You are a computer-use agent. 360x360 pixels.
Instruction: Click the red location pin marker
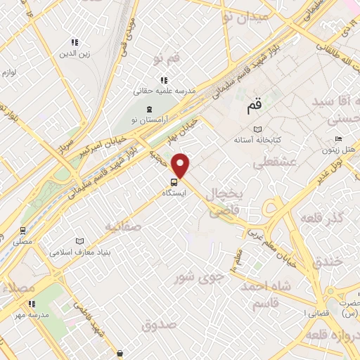click(x=181, y=166)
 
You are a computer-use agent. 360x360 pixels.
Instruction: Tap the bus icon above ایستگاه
click(x=174, y=181)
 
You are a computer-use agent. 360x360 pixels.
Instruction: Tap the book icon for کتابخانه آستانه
click(x=257, y=129)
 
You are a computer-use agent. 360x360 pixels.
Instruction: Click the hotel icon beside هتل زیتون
click(x=339, y=140)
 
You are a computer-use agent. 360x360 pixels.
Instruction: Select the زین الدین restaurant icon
click(x=75, y=43)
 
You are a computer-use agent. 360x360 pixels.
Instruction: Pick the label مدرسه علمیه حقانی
click(x=164, y=91)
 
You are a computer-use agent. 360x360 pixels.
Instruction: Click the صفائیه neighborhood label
click(x=123, y=227)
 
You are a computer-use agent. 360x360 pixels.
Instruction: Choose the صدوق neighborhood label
click(x=157, y=325)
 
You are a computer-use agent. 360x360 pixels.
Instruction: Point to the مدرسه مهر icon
click(x=32, y=304)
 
